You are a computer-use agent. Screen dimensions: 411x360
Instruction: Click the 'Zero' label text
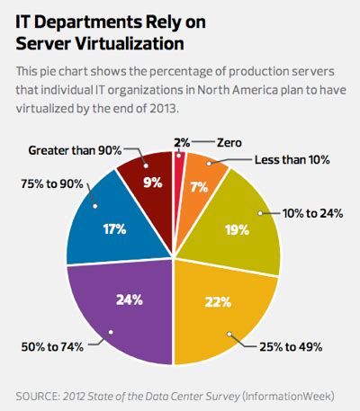click(229, 141)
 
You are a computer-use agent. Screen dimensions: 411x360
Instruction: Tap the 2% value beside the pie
click(182, 141)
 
